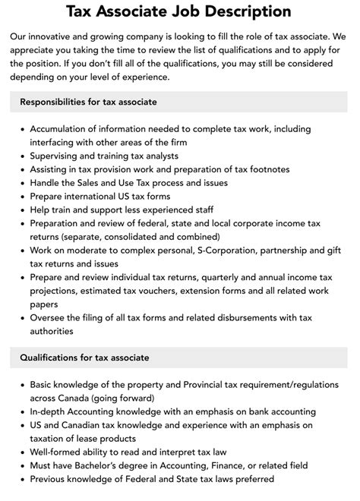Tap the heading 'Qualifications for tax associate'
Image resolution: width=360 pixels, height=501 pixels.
(84, 358)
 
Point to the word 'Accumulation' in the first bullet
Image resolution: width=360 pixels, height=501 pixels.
(63, 128)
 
